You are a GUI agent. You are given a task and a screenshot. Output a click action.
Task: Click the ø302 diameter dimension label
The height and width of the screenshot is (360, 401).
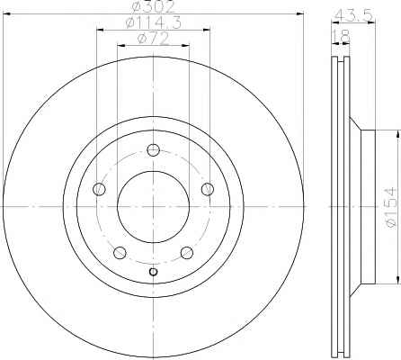click(153, 6)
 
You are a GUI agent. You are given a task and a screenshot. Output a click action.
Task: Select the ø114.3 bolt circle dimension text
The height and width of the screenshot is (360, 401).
click(153, 22)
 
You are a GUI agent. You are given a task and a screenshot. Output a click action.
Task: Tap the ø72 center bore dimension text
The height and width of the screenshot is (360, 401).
click(153, 39)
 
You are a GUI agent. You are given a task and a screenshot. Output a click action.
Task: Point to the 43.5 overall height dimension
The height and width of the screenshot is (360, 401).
click(353, 15)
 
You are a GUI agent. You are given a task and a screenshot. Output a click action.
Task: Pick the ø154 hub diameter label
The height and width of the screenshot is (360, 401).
click(391, 207)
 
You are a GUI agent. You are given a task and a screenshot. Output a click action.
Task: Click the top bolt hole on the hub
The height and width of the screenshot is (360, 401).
click(153, 149)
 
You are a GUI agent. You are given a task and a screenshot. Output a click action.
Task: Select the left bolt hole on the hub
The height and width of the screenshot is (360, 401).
click(99, 189)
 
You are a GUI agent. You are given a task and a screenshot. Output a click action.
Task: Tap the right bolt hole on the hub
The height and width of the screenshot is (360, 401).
click(208, 189)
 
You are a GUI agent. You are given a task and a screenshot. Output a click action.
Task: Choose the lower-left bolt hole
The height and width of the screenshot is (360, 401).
click(120, 253)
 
